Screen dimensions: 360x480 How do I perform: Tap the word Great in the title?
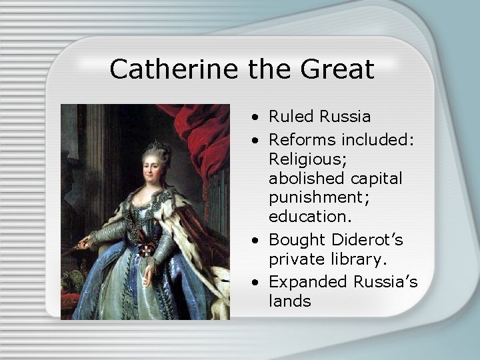pos(337,69)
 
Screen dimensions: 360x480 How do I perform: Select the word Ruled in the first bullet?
pos(291,117)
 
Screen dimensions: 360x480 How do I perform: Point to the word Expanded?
pos(307,281)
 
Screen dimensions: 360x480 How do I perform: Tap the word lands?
pos(290,301)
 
